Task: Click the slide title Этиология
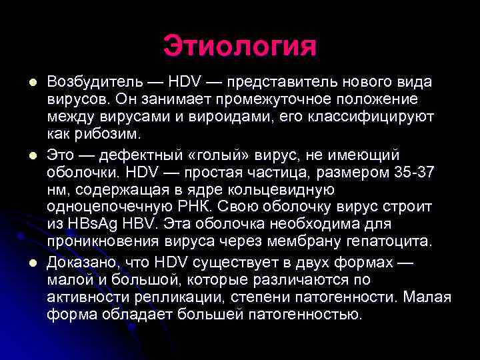coord(240,46)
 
